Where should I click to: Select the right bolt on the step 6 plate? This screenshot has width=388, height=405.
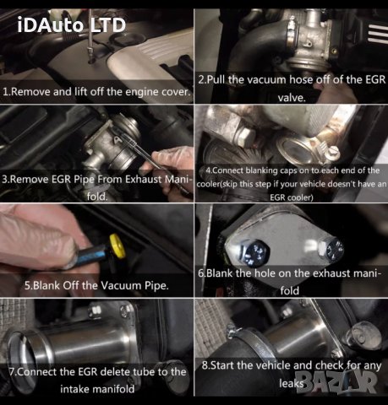tap(335, 246)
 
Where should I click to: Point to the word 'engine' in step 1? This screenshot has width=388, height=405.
tap(140, 89)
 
